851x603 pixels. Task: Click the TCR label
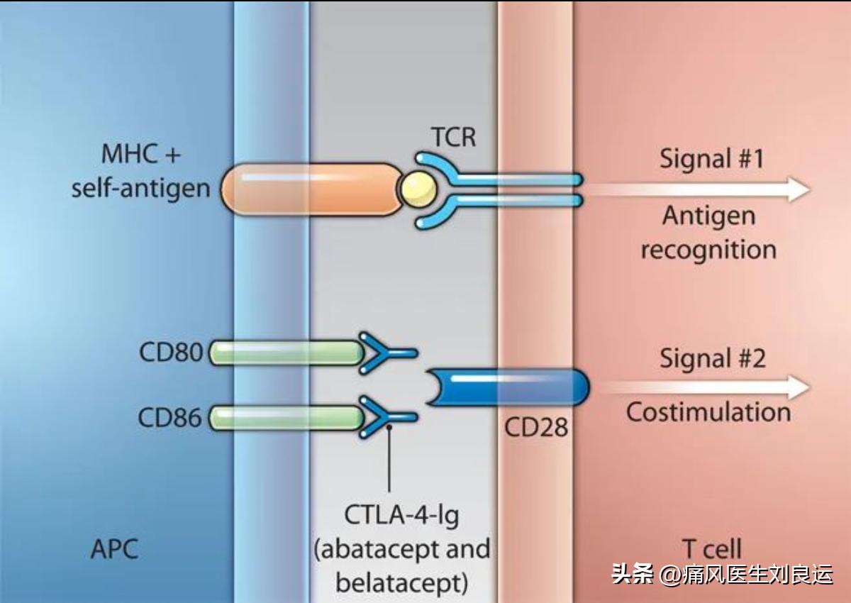[x=452, y=136]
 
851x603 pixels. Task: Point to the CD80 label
[x=170, y=353]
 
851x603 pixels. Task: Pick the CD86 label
[x=170, y=418]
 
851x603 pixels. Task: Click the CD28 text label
[x=536, y=427]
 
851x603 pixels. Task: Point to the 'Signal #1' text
[x=712, y=158]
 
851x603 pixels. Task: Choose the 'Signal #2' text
[x=712, y=358]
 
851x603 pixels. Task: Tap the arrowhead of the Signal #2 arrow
[x=799, y=387]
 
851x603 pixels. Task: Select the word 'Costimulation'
[x=708, y=412]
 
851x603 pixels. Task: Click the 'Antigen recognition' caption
[x=708, y=233]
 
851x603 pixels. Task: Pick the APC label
[x=114, y=549]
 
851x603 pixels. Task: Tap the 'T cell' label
[x=711, y=549]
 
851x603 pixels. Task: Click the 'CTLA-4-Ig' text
[x=401, y=515]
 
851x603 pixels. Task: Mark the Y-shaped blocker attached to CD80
[x=383, y=352]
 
